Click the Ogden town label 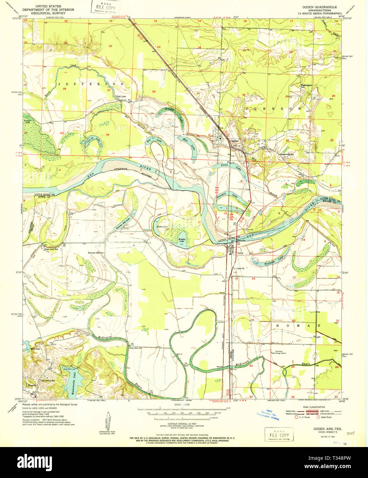pyautogui.click(x=234, y=141)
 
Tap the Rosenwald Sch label pyautogui.click(x=286, y=154)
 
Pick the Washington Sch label pyautogui.click(x=306, y=86)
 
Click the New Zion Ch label pyautogui.click(x=136, y=348)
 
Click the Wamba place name pyautogui.click(x=32, y=385)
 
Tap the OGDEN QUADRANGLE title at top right pyautogui.click(x=319, y=7)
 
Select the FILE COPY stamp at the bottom pyautogui.click(x=279, y=435)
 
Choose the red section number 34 pyautogui.click(x=107, y=134)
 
